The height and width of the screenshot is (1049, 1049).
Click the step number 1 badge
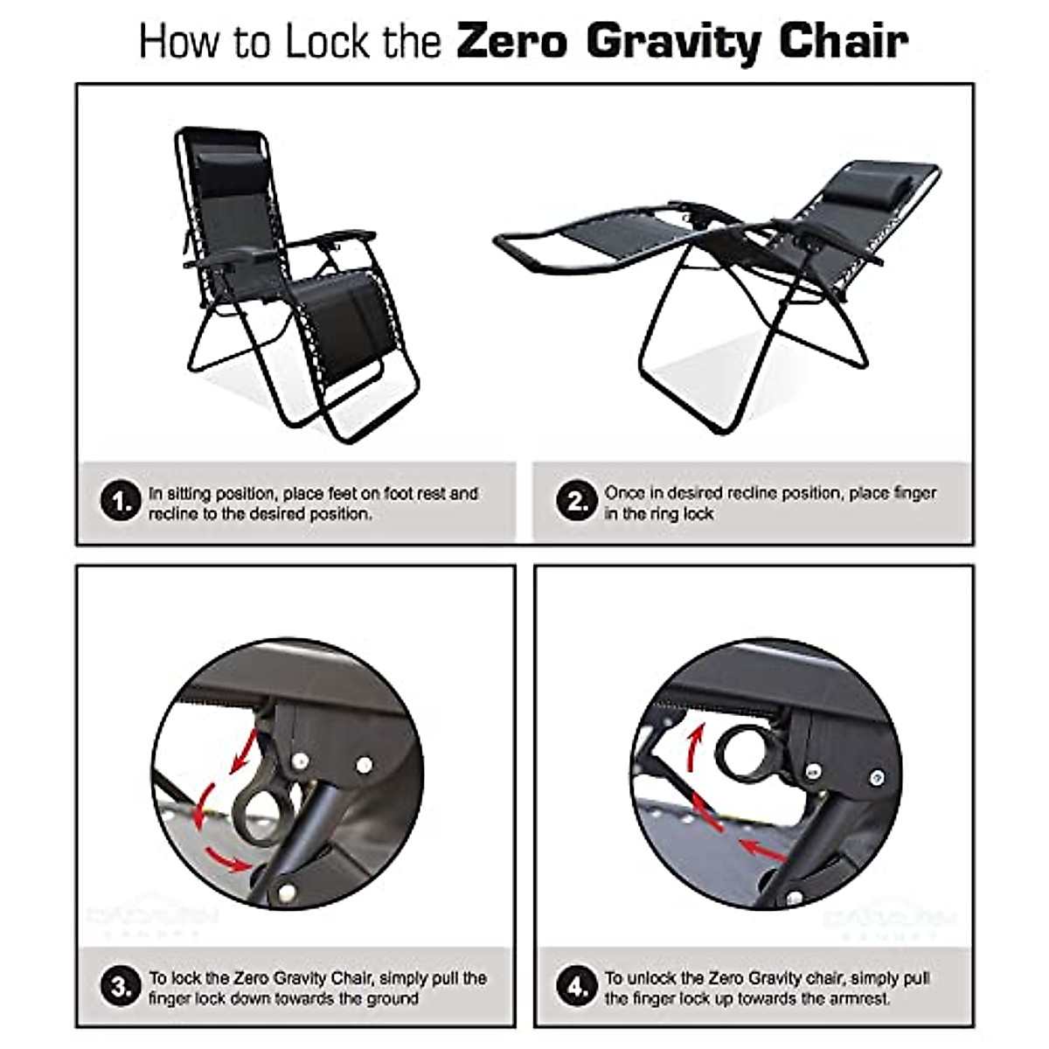(x=121, y=502)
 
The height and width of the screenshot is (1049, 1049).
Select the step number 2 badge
(x=576, y=502)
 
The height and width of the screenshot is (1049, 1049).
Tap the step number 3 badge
(x=121, y=987)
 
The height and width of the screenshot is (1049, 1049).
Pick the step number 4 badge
(x=576, y=987)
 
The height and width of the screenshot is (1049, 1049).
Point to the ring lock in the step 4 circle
(x=742, y=751)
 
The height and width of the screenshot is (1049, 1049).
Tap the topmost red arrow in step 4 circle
(x=695, y=743)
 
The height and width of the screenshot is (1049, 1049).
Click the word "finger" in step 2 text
(x=913, y=493)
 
